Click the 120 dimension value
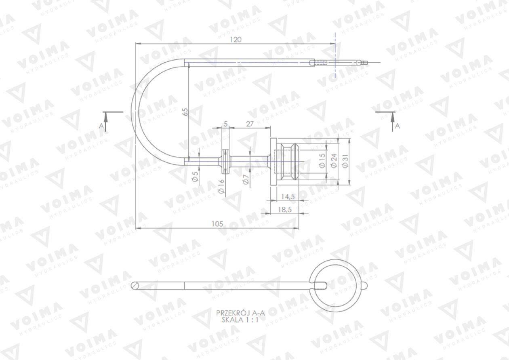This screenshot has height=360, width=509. coord(236,40)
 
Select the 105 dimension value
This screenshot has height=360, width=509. coord(217,224)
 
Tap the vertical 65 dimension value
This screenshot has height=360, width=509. coord(186,112)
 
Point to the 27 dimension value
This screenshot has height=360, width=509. coord(250,124)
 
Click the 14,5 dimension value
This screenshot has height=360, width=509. coord(288,196)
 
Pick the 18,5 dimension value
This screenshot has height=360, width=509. coord(285,209)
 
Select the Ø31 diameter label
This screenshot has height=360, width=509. coord(345,161)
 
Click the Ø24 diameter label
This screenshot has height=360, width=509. coord(334,161)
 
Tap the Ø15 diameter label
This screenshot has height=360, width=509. coord(322,160)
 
